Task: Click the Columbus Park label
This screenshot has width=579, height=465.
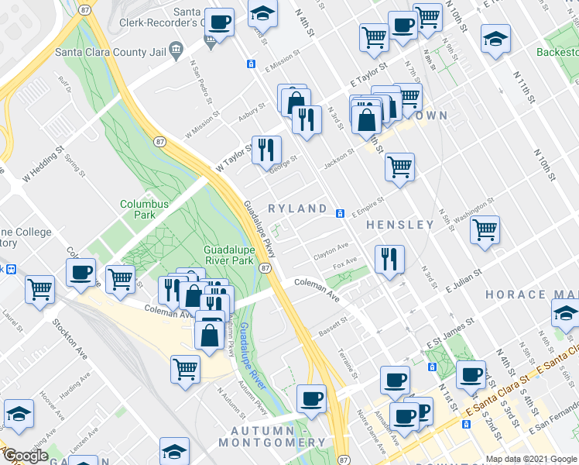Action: tap(144, 210)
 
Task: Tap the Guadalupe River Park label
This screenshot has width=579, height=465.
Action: tap(228, 256)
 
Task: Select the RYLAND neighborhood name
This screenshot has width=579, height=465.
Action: tap(297, 209)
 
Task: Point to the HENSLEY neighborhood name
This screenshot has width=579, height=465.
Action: tap(400, 225)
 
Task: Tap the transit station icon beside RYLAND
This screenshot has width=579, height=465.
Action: tap(340, 214)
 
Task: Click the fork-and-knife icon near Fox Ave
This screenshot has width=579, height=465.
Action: tap(389, 257)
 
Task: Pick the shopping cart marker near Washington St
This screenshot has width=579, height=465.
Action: tap(485, 229)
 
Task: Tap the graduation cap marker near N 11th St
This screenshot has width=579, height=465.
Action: tap(495, 38)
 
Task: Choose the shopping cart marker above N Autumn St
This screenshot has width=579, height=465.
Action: tap(185, 369)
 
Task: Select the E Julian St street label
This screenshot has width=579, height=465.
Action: tap(464, 281)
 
